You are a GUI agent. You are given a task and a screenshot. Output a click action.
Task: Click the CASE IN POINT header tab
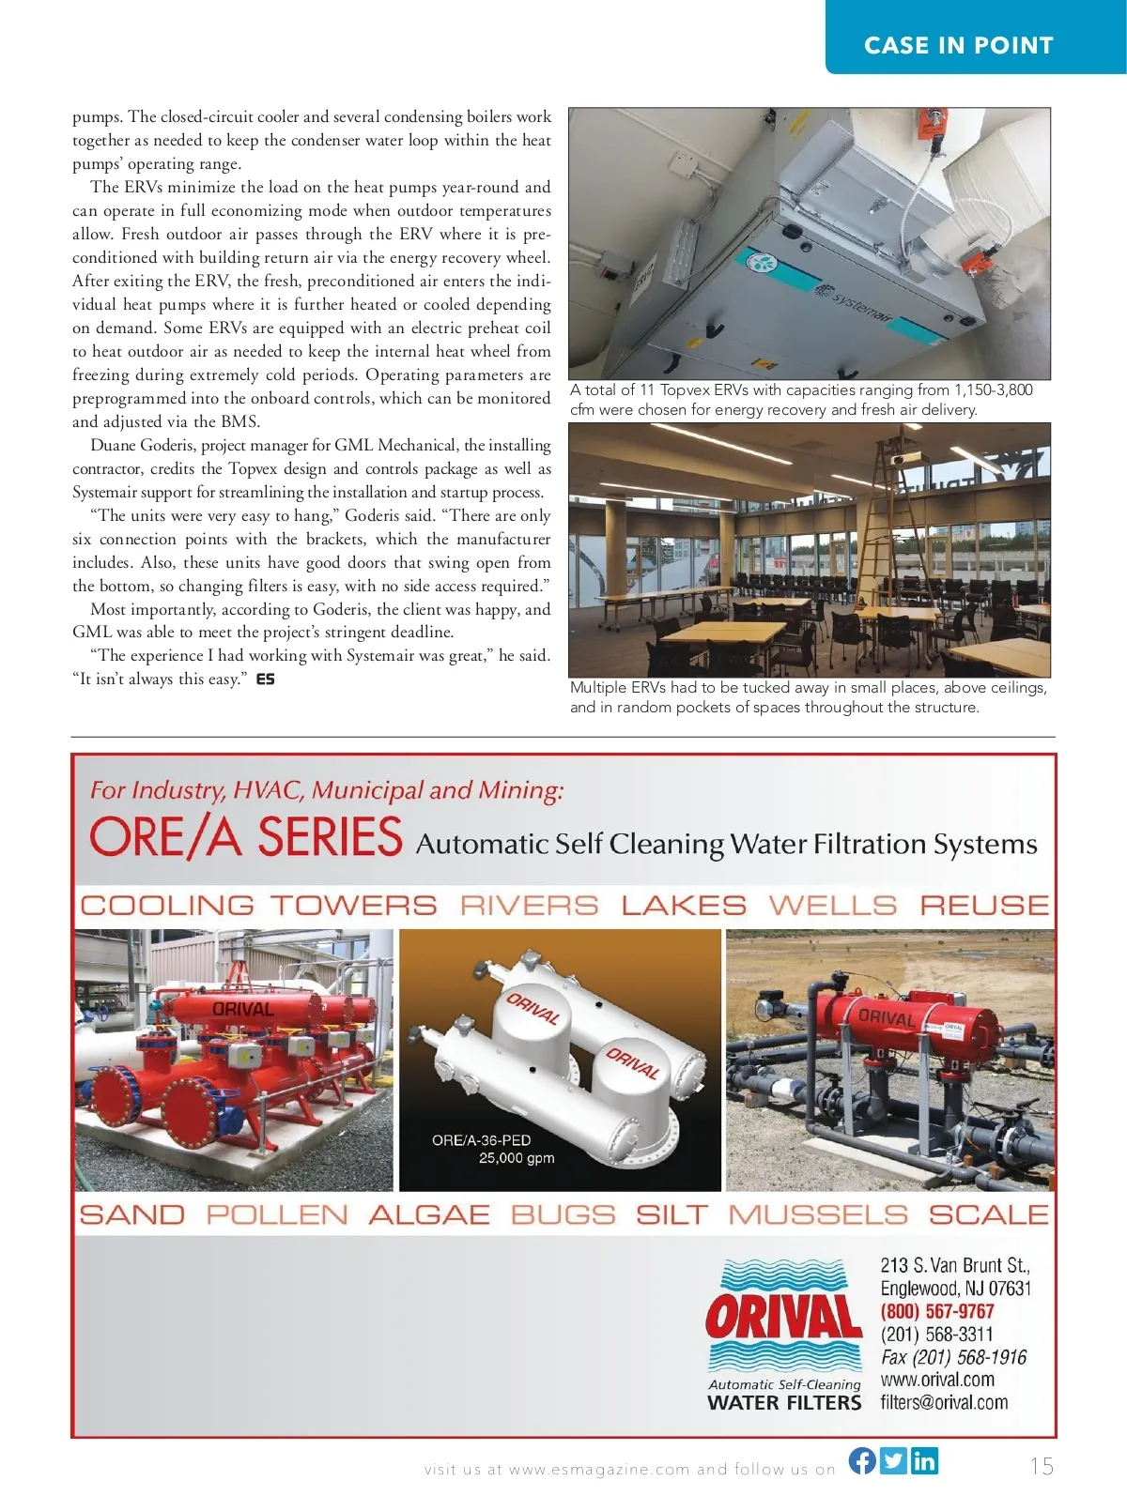point(958,45)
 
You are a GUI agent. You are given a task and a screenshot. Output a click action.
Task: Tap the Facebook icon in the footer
point(862,1460)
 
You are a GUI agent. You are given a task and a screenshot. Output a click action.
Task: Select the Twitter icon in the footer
point(893,1460)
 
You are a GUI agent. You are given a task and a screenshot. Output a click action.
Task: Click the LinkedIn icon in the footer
point(924,1460)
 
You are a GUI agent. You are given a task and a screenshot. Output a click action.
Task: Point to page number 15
point(1042,1466)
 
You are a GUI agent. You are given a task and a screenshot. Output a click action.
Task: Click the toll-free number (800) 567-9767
point(936,1311)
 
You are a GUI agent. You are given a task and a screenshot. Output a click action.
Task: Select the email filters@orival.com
point(944,1402)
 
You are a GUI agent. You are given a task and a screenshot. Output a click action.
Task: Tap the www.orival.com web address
point(937,1380)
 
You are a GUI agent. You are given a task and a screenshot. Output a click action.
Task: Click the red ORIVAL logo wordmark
point(783,1318)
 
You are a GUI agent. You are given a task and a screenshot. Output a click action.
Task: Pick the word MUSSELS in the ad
point(818,1214)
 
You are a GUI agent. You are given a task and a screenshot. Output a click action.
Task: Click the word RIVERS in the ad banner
point(529,905)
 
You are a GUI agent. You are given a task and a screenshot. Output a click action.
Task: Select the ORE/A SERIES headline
point(246,837)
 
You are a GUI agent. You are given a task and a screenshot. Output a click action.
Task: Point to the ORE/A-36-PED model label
point(481,1140)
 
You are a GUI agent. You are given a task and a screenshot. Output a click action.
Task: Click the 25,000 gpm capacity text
point(517,1158)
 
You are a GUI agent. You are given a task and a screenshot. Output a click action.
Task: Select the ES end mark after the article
point(266,679)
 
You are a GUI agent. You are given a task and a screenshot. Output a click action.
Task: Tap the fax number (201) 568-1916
point(953,1357)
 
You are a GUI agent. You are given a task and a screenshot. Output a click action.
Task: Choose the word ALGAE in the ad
point(429,1214)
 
